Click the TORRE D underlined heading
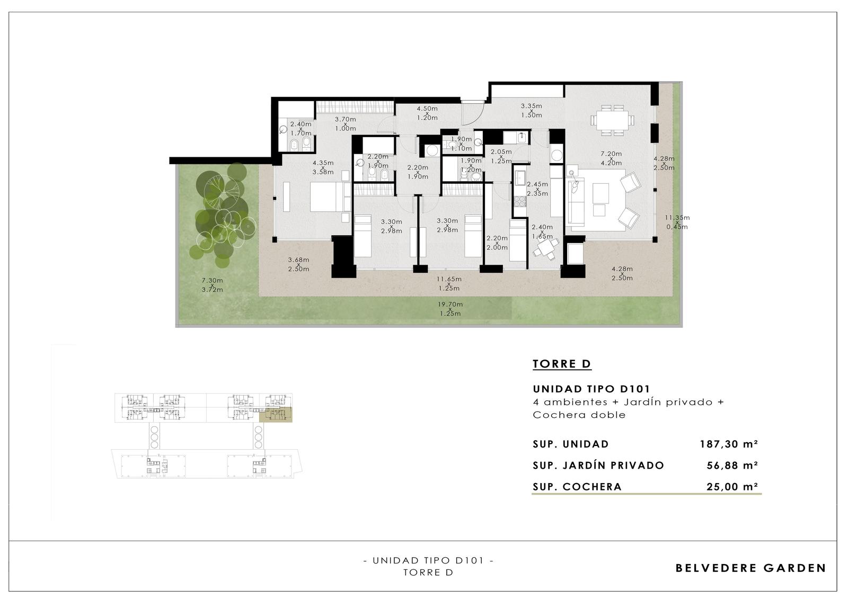click(x=562, y=364)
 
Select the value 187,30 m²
click(x=729, y=444)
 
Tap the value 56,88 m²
click(x=732, y=465)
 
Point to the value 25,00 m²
click(x=732, y=487)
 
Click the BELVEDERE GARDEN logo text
click(x=750, y=568)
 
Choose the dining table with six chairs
click(x=612, y=120)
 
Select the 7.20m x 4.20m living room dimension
click(x=611, y=158)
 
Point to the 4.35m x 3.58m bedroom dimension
click(x=323, y=167)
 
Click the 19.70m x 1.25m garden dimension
click(x=450, y=309)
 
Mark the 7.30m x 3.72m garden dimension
click(x=212, y=285)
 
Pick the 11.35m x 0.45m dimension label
click(x=677, y=222)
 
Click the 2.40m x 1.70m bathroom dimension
click(x=301, y=129)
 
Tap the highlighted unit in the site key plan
click(x=276, y=415)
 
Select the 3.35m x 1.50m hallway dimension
click(x=531, y=111)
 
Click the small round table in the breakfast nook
click(x=545, y=248)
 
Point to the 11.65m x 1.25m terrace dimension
click(x=449, y=283)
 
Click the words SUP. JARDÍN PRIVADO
click(x=598, y=466)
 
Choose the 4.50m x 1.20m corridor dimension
click(x=427, y=113)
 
